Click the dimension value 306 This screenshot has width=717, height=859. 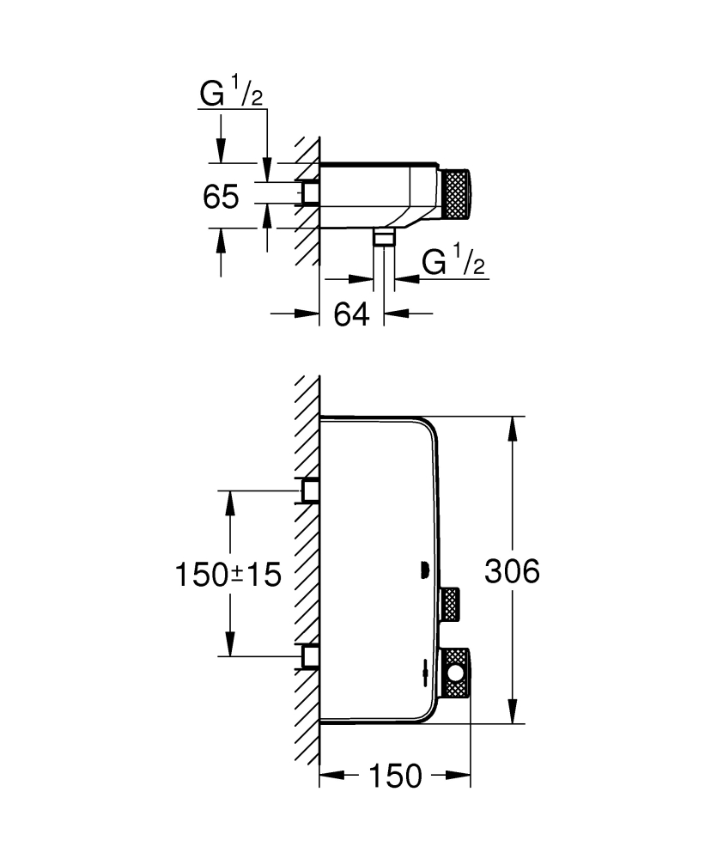[x=512, y=571]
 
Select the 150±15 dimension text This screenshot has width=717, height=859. [x=228, y=573]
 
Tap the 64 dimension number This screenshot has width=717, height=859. [x=351, y=314]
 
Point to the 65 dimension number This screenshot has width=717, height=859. [x=221, y=197]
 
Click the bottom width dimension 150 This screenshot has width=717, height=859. [x=396, y=777]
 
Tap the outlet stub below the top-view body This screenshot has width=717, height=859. [x=384, y=238]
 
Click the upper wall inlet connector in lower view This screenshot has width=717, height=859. [x=309, y=490]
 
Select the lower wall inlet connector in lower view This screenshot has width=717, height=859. [x=309, y=656]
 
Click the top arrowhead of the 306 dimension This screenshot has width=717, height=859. [x=513, y=429]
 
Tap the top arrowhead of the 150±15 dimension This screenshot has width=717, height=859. [x=230, y=502]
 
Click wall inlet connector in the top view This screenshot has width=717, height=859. [x=309, y=193]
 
